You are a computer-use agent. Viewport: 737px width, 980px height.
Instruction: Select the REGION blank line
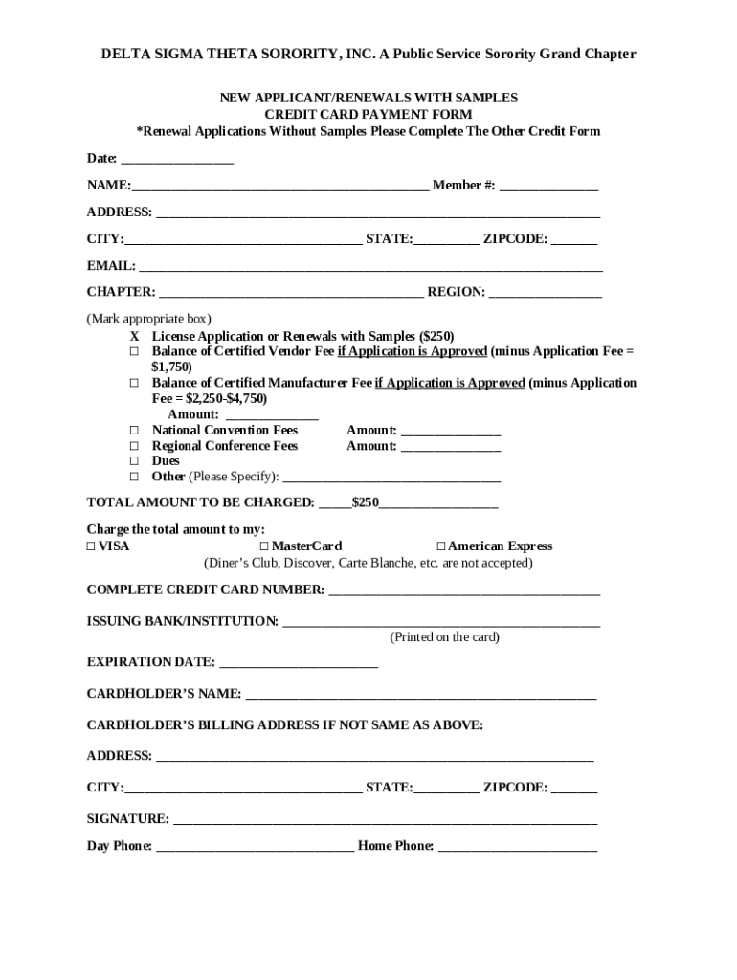(x=546, y=293)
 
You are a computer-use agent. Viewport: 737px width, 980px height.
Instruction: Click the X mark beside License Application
(x=135, y=337)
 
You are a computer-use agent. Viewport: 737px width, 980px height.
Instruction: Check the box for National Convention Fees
(x=135, y=431)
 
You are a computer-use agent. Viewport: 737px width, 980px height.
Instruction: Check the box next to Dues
(x=135, y=461)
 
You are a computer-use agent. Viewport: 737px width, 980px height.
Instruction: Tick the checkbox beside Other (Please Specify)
(x=135, y=477)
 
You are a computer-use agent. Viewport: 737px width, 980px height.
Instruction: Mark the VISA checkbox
(x=91, y=546)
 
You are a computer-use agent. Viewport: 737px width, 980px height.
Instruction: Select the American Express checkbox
(x=441, y=546)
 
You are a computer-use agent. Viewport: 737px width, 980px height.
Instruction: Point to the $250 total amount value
(x=366, y=502)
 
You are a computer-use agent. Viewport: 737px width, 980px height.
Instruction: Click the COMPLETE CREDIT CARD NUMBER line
(x=464, y=590)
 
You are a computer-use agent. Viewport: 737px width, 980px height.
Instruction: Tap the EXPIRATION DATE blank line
(x=299, y=662)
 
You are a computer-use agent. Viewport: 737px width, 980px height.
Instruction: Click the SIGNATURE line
(x=385, y=820)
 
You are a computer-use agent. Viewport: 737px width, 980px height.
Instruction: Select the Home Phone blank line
(x=517, y=847)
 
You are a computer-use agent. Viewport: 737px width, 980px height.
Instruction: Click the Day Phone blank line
(x=255, y=847)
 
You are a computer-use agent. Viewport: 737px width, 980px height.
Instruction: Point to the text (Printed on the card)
(x=444, y=637)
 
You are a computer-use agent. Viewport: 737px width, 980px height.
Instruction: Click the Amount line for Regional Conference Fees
(x=450, y=447)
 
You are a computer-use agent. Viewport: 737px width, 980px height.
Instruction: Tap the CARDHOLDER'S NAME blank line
(x=420, y=695)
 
